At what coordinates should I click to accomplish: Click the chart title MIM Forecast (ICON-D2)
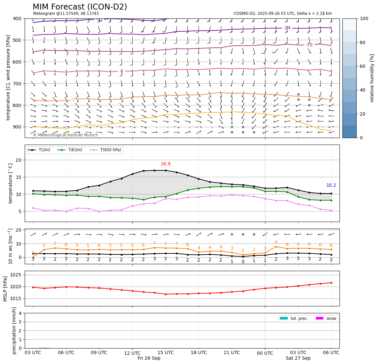tap(80, 7)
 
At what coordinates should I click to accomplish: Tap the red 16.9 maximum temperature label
tap(165, 164)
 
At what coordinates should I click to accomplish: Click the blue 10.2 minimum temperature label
tap(331, 185)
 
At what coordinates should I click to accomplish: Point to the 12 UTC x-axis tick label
tap(132, 353)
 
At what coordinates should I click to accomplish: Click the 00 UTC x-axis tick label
tap(265, 353)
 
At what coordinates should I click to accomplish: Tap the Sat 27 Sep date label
tap(298, 358)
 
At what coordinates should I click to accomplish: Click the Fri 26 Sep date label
tap(149, 358)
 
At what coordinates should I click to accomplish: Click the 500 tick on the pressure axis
tap(17, 40)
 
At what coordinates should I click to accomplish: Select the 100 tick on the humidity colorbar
tap(364, 18)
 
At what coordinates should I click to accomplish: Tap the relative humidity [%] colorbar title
tap(372, 78)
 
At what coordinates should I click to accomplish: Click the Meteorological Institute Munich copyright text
tap(65, 135)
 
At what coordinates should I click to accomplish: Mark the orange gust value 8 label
tap(276, 242)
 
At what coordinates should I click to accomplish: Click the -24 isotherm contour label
tap(287, 28)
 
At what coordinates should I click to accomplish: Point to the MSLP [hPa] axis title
tap(5, 289)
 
